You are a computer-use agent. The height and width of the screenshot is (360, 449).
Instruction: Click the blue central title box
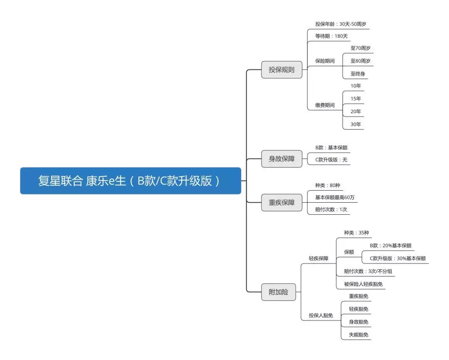click(x=131, y=181)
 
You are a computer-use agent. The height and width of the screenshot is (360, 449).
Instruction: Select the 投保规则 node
click(x=281, y=70)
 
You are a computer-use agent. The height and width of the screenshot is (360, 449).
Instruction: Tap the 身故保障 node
click(x=281, y=159)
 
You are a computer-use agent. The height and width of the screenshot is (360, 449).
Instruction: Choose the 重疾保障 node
click(x=281, y=202)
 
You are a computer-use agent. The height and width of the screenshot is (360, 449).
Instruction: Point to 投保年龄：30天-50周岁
click(x=338, y=24)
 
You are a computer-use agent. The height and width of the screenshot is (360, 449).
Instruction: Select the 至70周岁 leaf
click(x=360, y=48)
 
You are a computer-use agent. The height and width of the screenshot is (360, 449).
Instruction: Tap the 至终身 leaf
click(x=358, y=74)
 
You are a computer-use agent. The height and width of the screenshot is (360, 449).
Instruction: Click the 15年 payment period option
click(x=355, y=99)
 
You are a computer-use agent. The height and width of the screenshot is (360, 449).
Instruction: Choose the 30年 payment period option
click(x=355, y=124)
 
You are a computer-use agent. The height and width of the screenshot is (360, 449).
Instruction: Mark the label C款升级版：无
click(x=331, y=159)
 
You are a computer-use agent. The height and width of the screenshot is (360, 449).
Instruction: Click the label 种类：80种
click(x=328, y=185)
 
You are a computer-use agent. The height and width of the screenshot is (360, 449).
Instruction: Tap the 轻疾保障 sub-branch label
click(x=318, y=258)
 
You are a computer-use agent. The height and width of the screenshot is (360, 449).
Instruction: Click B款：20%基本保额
click(x=390, y=246)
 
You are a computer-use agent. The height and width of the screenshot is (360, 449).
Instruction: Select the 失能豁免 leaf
click(x=358, y=335)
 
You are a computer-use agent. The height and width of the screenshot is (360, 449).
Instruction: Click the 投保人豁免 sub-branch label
click(x=321, y=315)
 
